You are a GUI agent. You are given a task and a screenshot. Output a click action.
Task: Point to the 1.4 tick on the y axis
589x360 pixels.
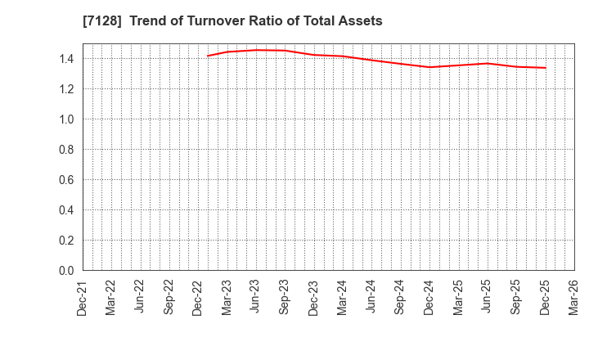pos(66,59)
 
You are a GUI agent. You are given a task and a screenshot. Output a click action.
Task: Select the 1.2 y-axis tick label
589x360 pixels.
pos(66,89)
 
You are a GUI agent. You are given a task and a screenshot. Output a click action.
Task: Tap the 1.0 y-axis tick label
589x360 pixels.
pos(66,119)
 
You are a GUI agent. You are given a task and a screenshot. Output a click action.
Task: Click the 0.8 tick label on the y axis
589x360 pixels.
pos(66,150)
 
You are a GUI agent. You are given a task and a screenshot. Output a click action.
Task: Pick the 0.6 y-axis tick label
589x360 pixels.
pos(66,180)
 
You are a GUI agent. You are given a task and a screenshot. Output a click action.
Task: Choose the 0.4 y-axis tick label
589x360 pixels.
pos(66,210)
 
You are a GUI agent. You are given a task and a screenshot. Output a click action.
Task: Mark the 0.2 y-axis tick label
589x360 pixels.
pos(66,241)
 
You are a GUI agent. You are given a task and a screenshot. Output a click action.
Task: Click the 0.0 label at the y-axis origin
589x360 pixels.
pos(66,271)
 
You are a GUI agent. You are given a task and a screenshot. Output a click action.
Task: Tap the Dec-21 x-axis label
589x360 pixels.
pos(83,296)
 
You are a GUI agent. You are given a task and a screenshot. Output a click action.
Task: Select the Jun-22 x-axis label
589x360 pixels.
pos(140,296)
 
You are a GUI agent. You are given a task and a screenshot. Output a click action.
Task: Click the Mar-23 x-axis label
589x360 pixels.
pos(227,296)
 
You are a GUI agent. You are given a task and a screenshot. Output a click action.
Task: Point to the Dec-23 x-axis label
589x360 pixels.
pos(314,296)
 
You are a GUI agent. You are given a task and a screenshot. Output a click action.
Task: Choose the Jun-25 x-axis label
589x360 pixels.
pos(488,296)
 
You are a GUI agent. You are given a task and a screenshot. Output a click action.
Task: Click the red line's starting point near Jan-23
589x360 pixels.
pos(208,56)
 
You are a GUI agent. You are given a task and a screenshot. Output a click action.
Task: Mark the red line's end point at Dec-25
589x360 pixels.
pos(546,68)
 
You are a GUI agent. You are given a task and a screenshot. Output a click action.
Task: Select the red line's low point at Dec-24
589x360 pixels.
pos(429,67)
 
